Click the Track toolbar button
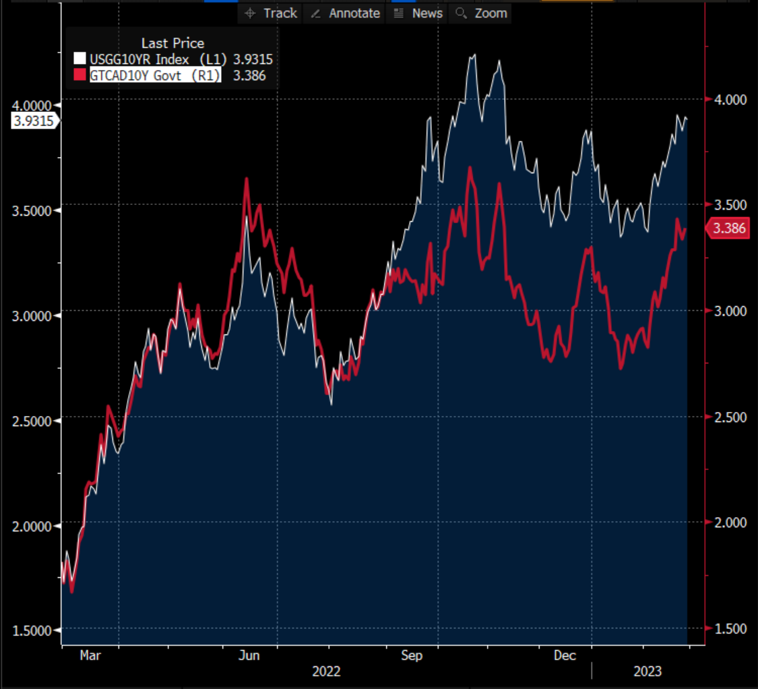click(x=271, y=13)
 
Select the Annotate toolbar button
click(x=346, y=13)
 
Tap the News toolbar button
click(x=418, y=13)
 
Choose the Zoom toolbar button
click(x=482, y=13)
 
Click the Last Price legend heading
click(x=172, y=43)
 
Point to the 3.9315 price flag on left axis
click(x=34, y=121)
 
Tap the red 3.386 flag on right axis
click(x=729, y=229)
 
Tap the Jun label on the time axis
click(x=250, y=655)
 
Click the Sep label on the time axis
click(x=411, y=655)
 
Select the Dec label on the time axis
click(x=565, y=655)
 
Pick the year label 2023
click(x=647, y=671)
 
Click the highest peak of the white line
click(x=474, y=55)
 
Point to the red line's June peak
click(x=247, y=179)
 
